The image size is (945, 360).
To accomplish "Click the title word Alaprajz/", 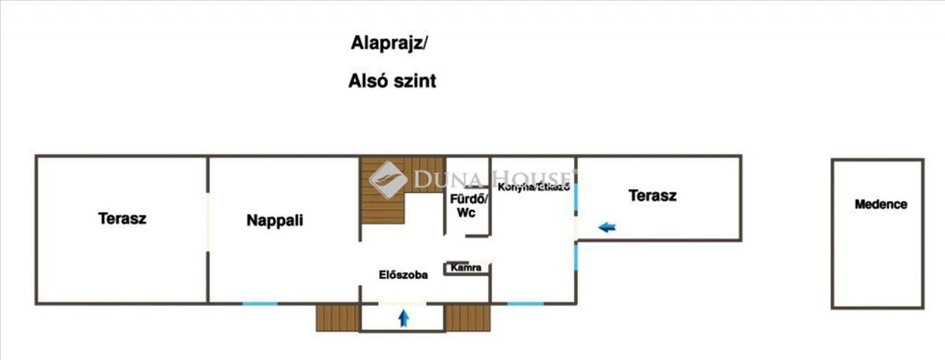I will [x=388, y=43].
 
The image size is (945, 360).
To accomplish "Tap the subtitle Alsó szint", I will [x=392, y=80].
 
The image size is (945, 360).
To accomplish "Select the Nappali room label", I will [x=275, y=221].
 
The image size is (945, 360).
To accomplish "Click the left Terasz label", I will [x=122, y=218].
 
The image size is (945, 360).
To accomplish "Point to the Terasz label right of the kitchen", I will [x=653, y=195].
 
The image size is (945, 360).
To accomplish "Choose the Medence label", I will [x=880, y=205].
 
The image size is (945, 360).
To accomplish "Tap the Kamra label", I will [x=466, y=268].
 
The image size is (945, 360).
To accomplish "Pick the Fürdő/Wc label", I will [x=469, y=206].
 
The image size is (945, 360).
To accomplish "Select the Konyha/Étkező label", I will [x=533, y=186].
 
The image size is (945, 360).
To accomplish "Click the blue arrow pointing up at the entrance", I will [x=404, y=318].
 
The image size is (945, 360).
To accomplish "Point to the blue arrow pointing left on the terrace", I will [x=607, y=228].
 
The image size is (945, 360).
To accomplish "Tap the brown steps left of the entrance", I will [x=337, y=317].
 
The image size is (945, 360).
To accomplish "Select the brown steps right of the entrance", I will [x=467, y=317].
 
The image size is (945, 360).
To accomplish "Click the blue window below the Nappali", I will [x=259, y=303].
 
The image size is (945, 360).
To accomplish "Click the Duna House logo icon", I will [x=387, y=180].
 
